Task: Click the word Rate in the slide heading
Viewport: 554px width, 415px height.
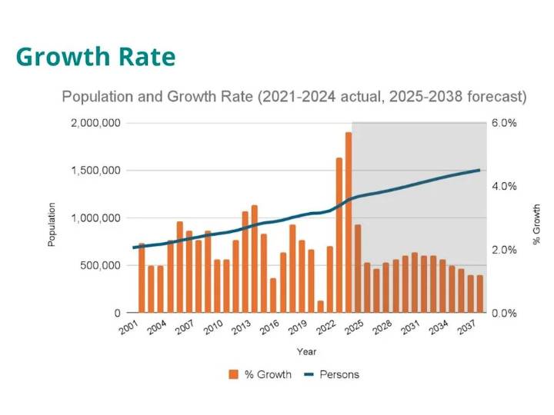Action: [146, 57]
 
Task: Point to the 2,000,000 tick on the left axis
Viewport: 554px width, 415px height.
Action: [96, 123]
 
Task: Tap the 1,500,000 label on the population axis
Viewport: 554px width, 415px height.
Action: [96, 171]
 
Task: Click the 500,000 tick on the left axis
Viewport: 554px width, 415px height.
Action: [101, 266]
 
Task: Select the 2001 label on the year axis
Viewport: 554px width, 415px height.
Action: [130, 330]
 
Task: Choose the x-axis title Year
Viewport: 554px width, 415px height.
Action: [306, 352]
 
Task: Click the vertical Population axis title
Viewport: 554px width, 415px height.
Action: [52, 224]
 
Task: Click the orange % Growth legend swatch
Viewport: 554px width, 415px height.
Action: [234, 375]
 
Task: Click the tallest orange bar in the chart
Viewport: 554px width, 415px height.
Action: [349, 223]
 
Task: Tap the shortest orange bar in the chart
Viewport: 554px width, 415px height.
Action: [320, 307]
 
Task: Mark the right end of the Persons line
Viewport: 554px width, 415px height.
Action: [479, 170]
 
